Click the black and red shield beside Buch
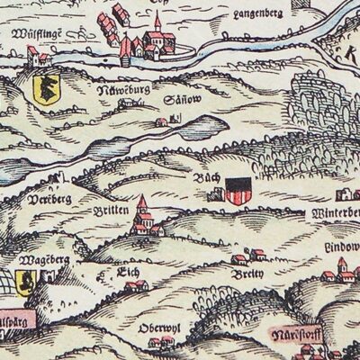point(237,190)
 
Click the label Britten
point(112,208)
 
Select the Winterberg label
point(334,213)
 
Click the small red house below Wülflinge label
point(39,58)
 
